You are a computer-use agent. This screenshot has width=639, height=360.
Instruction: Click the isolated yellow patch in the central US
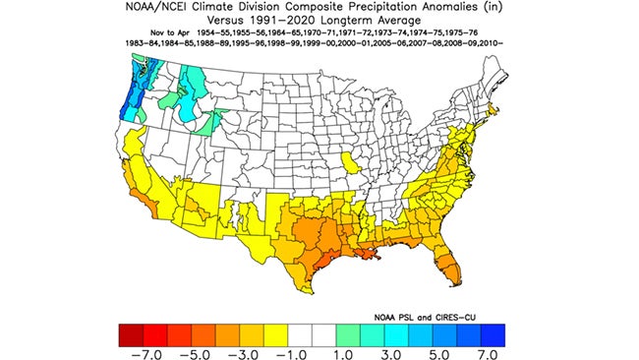350,161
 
